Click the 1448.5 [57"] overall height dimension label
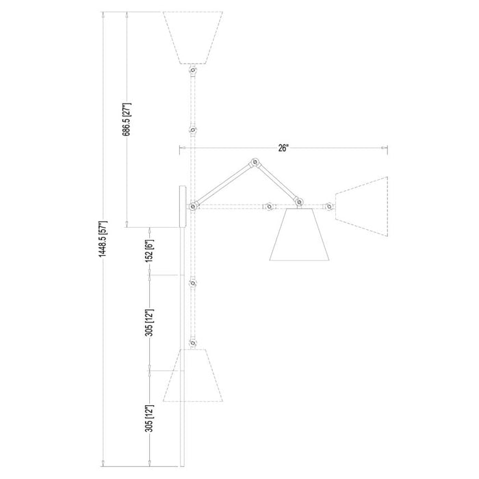click(x=103, y=239)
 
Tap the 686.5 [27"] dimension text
click(x=127, y=120)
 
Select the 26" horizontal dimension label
click(x=283, y=148)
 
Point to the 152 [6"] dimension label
click(x=150, y=251)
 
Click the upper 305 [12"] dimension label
click(x=150, y=322)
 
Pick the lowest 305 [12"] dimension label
click(x=150, y=419)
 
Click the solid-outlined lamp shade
click(x=299, y=234)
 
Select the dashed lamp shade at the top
click(x=193, y=38)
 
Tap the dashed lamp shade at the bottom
click(x=193, y=375)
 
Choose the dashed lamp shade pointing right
click(x=362, y=207)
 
